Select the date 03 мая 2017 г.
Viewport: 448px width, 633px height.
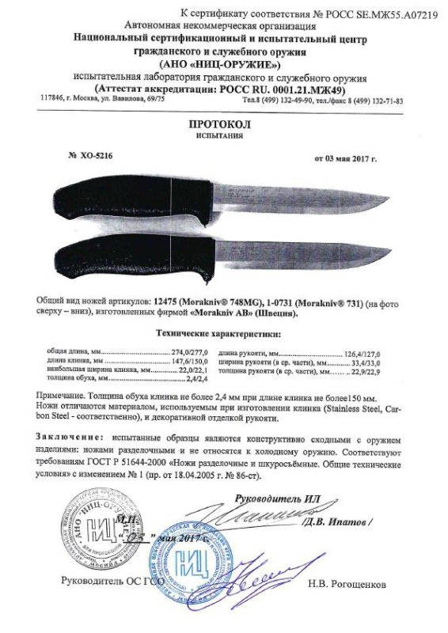pos(346,158)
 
